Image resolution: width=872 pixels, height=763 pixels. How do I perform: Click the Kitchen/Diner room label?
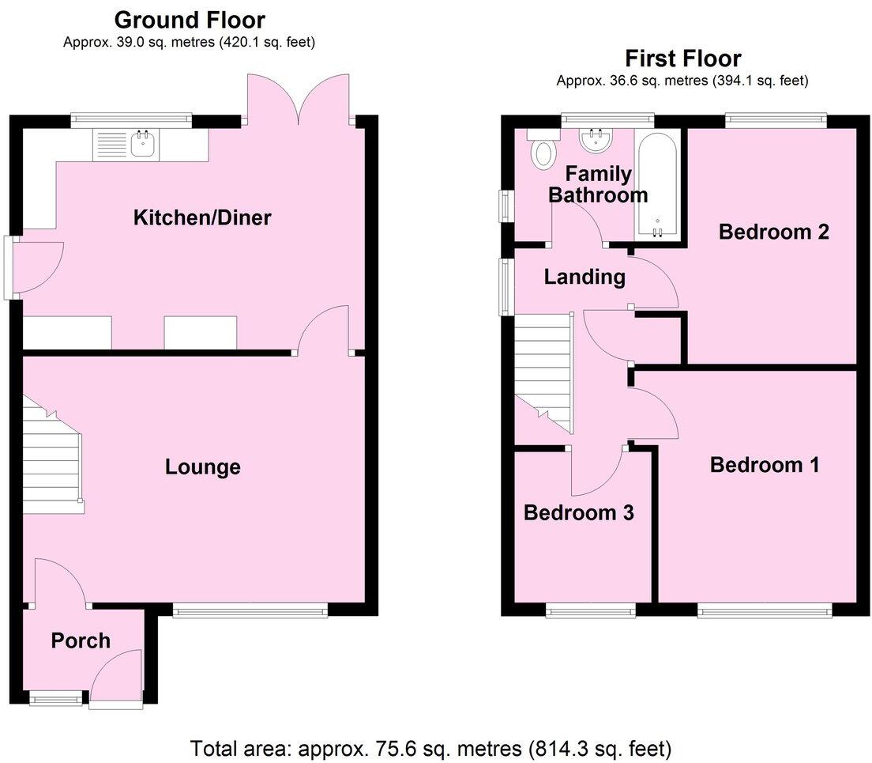click(x=202, y=217)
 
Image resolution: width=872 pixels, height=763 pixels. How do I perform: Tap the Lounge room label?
click(x=202, y=467)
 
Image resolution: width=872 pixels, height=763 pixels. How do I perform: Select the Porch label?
click(x=81, y=640)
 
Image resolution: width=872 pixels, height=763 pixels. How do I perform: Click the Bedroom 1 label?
click(x=764, y=465)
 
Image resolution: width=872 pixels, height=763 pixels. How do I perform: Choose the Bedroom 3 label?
click(x=579, y=513)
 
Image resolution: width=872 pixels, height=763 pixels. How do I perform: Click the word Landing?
click(x=584, y=278)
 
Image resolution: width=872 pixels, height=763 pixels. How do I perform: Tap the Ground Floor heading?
click(x=190, y=19)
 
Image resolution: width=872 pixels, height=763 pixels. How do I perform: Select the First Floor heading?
click(x=682, y=59)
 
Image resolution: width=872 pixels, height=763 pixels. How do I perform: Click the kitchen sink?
click(x=143, y=145)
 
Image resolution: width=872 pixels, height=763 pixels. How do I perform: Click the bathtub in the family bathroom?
click(x=656, y=185)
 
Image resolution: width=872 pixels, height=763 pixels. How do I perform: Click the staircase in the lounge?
click(x=52, y=457)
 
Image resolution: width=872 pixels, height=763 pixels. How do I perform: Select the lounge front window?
click(x=250, y=610)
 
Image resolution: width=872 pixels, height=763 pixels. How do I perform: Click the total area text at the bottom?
click(x=430, y=747)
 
